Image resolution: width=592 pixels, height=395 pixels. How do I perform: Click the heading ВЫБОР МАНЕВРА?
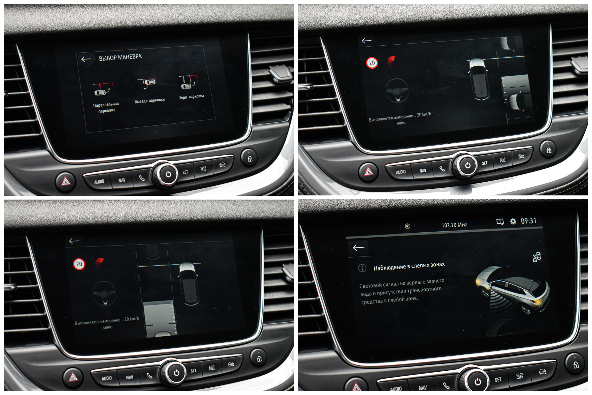tap(120, 57)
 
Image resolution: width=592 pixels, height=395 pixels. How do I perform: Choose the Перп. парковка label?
tap(191, 97)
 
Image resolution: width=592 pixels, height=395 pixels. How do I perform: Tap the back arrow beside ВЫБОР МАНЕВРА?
tap(86, 59)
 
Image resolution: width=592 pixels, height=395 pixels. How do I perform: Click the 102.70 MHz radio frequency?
tap(454, 225)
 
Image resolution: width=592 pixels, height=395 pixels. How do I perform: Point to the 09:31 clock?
tap(528, 221)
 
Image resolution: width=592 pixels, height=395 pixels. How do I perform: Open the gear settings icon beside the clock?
tap(513, 221)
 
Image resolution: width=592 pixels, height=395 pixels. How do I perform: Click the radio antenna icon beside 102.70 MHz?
tap(408, 226)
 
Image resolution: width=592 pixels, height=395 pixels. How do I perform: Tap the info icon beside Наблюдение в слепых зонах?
tap(362, 268)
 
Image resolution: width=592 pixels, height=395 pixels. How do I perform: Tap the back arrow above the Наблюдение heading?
tap(359, 247)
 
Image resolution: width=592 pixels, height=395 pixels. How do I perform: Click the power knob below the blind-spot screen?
tap(477, 381)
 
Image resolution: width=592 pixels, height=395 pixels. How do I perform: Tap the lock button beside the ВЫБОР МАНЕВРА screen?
tap(250, 158)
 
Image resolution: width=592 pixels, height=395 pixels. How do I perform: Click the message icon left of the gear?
tap(500, 222)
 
